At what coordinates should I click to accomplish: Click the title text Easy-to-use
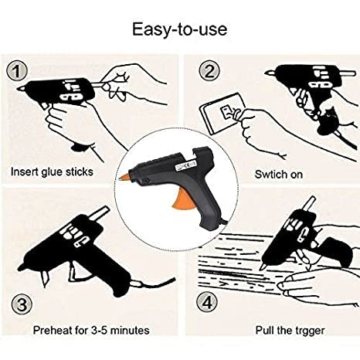179,29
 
